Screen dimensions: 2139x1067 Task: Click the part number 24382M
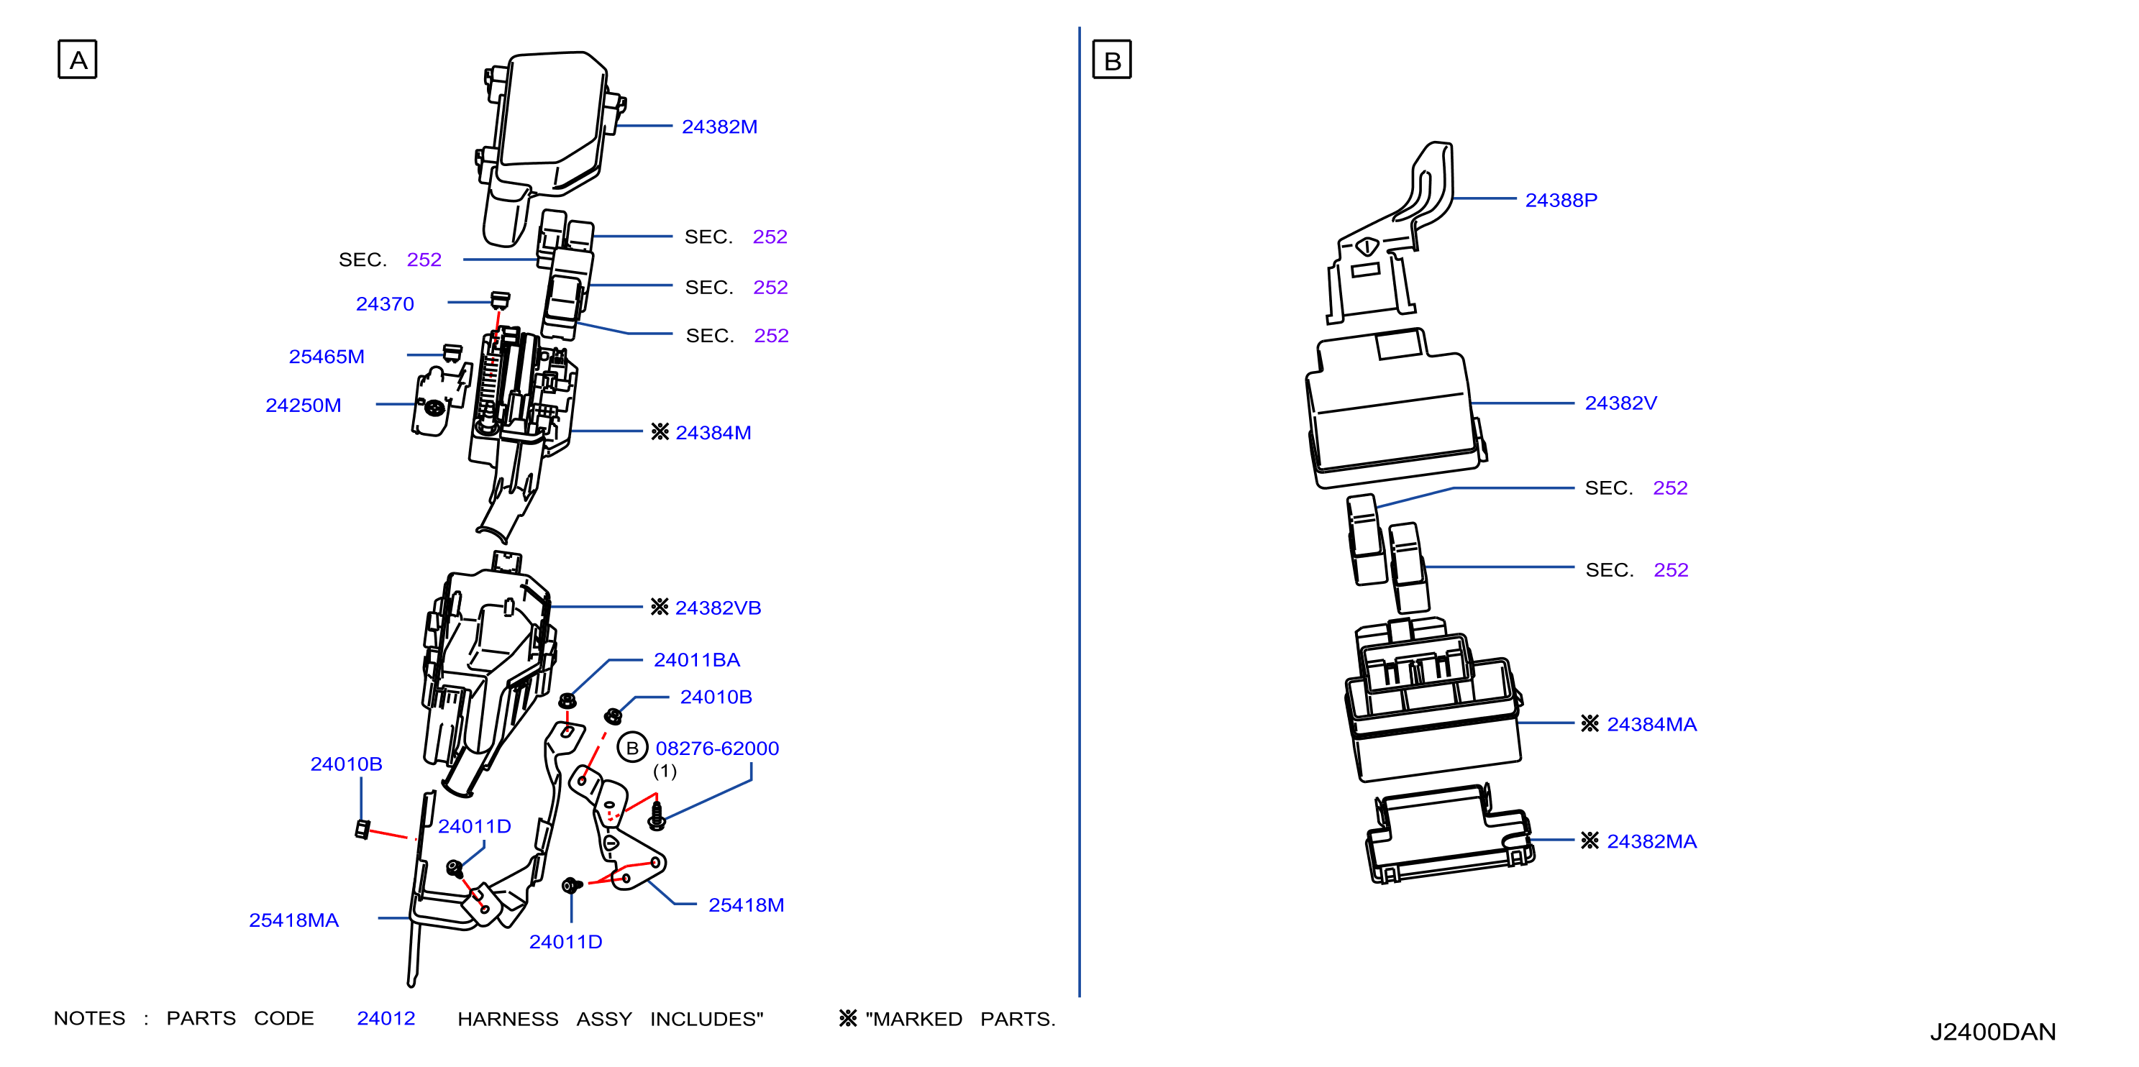point(719,127)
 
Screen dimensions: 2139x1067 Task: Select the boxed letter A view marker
point(77,60)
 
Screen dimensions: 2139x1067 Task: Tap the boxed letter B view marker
point(1112,60)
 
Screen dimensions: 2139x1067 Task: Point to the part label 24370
point(385,304)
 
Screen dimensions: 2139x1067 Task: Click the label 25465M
point(327,356)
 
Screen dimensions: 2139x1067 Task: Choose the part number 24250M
point(303,406)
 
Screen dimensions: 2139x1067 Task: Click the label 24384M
point(713,433)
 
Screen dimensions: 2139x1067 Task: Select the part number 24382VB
point(719,608)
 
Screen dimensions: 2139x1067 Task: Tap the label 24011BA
point(697,660)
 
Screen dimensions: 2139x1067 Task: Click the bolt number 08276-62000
point(717,748)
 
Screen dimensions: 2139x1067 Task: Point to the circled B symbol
point(632,747)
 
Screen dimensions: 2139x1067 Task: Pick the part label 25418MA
point(294,920)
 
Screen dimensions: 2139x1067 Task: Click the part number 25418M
point(746,905)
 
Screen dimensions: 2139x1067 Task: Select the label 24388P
point(1561,200)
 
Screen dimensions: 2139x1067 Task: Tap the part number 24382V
point(1621,403)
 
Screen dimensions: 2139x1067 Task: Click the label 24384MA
point(1651,724)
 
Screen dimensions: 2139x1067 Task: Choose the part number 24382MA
point(1651,841)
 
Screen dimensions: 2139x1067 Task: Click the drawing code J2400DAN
point(1993,1031)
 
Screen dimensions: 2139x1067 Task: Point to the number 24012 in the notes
point(386,1018)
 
